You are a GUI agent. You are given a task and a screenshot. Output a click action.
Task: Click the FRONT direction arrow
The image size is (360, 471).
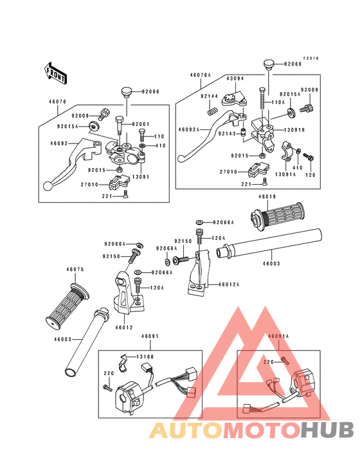point(55,73)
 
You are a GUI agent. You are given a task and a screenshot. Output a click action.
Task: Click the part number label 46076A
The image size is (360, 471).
point(201,75)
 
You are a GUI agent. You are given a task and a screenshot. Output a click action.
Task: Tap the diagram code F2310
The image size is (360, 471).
point(310,59)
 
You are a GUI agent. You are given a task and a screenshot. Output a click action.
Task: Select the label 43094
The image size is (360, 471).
point(235,78)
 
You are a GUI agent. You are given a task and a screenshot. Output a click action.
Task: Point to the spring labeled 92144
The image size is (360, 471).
point(212,111)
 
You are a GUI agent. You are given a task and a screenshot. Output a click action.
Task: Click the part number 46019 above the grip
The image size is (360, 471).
point(267,197)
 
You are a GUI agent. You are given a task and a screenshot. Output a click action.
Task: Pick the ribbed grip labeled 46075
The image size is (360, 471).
point(67,306)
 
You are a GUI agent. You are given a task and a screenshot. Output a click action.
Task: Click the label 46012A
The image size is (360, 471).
point(229,284)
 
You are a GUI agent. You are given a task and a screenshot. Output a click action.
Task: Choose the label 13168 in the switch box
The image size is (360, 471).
point(145,357)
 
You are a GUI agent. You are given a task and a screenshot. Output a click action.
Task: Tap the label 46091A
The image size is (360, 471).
point(278,337)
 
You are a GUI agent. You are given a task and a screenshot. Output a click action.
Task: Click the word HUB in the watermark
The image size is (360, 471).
point(328,430)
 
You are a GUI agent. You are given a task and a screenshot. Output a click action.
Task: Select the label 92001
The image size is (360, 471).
point(141,124)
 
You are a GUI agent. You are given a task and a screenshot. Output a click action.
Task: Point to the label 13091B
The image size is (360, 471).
point(294,130)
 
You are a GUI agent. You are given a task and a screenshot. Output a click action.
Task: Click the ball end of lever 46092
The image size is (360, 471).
point(48,186)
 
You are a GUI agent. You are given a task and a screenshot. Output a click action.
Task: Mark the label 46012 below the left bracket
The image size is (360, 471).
point(124,328)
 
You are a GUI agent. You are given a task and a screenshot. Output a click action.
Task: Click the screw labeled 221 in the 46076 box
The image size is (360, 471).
point(125,194)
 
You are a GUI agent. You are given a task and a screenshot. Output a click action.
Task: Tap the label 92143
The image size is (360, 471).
point(227,133)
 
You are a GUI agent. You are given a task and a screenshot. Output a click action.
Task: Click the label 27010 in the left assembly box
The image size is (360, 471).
point(89,185)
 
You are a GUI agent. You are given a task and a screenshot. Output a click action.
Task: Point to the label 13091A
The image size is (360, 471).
point(285,174)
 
